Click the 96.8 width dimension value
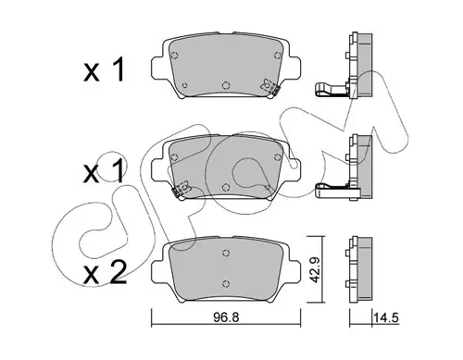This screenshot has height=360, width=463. (227, 317)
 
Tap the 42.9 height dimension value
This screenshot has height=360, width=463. (314, 269)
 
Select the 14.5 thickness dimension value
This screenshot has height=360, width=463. (386, 317)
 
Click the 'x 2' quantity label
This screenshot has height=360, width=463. (105, 272)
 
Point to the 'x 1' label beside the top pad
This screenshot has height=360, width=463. (104, 69)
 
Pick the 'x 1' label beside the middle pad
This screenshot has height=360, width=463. (104, 171)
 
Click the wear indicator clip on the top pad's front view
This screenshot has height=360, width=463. (269, 87)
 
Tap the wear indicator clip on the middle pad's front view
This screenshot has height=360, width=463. (181, 190)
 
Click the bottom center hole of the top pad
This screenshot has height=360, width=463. (226, 85)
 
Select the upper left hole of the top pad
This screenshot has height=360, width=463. (174, 56)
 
